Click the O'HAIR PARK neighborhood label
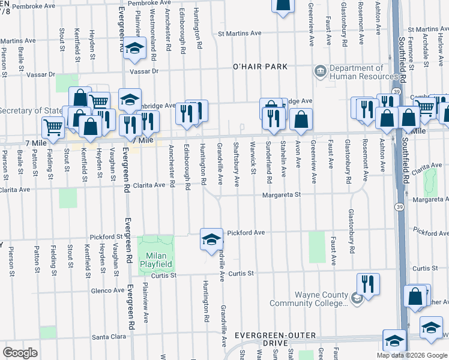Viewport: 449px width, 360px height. coord(261,67)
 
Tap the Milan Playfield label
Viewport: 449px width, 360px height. coord(156,259)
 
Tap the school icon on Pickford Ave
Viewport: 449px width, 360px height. coord(211,241)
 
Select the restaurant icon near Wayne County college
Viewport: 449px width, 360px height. coord(368,284)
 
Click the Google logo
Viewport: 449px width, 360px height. coord(20,353)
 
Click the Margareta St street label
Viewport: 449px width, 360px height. coord(280,194)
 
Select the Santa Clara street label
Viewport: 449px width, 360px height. coord(109,337)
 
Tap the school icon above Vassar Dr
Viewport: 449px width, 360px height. coord(136,50)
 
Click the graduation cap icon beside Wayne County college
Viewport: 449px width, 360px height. coord(356,298)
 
